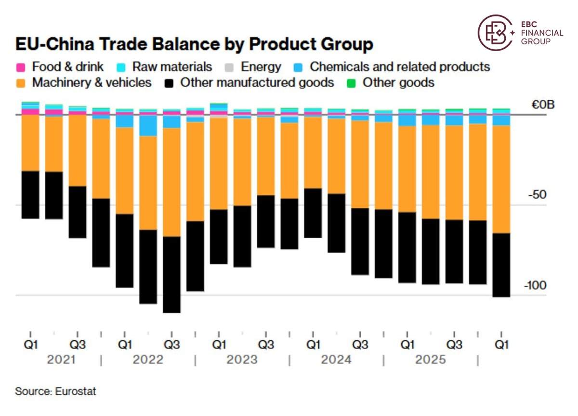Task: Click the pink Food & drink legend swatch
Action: coord(21,67)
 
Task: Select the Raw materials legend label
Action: coord(172,67)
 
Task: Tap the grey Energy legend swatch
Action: coord(229,67)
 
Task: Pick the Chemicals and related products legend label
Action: coord(400,67)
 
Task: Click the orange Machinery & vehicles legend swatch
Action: coord(21,83)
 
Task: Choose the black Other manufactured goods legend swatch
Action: coord(169,83)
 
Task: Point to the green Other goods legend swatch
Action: coord(351,83)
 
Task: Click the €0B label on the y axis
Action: coord(543,105)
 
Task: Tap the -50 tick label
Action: coord(537,195)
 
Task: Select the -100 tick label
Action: coord(535,285)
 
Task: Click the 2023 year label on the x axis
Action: coord(242,360)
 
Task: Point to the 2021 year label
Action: coord(61,360)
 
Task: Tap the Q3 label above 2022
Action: coord(172,345)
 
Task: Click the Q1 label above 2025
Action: coord(407,345)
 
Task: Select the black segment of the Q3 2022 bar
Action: coord(172,275)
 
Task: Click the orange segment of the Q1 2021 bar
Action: coord(30,143)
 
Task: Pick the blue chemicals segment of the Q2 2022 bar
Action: coord(148,125)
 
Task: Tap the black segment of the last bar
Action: coord(501,265)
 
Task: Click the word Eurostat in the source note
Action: coord(76,391)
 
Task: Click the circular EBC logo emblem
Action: coord(495,32)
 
